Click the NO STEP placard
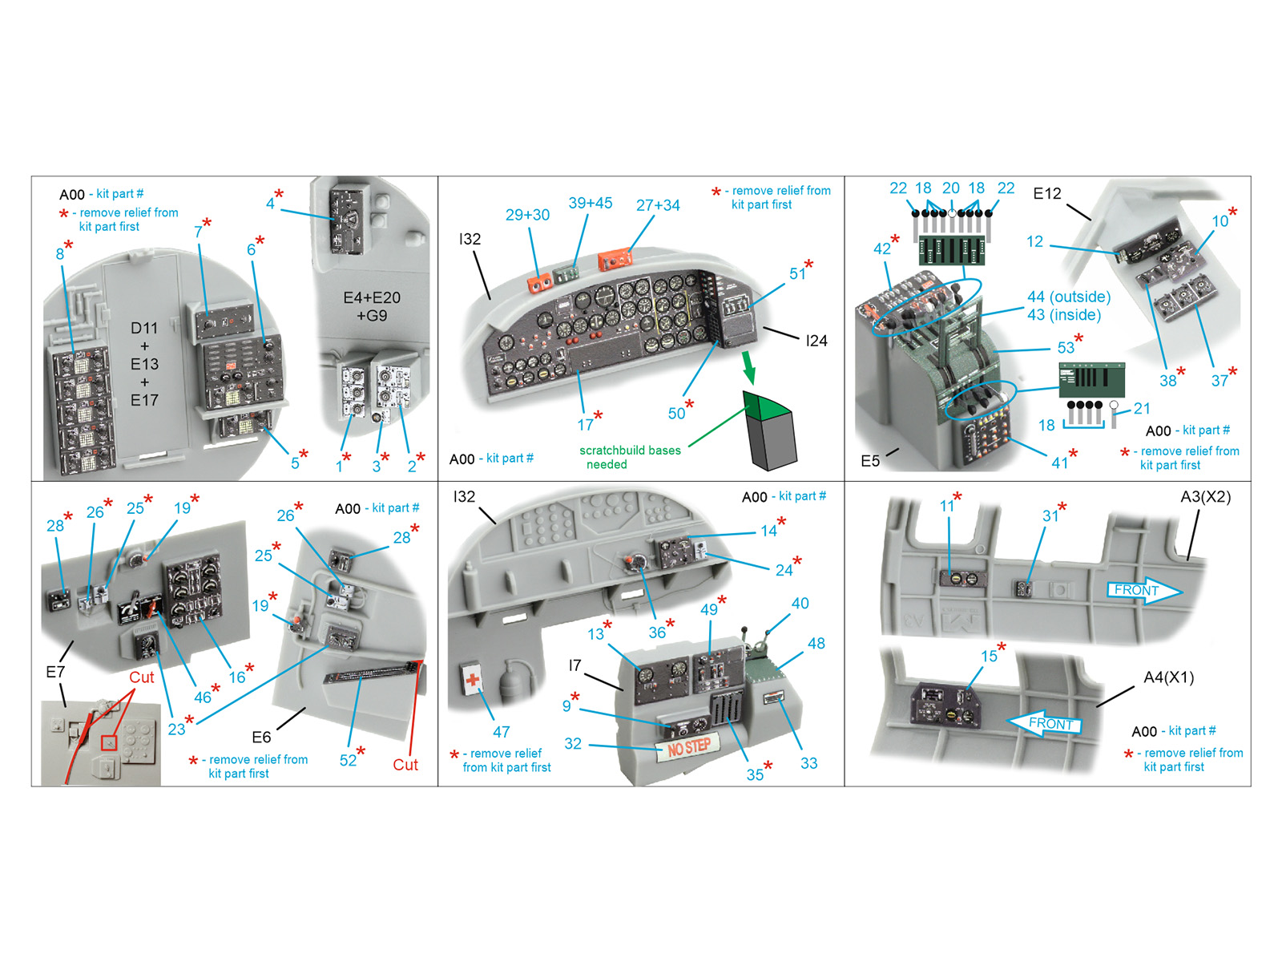tap(688, 747)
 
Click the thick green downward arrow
tap(748, 367)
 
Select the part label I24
tap(816, 341)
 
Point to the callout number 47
tap(501, 731)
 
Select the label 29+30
tap(527, 215)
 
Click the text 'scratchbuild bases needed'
tap(630, 457)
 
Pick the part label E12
tap(1046, 193)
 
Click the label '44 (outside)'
tap(1069, 297)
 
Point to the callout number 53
tap(1066, 348)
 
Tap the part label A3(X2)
tap(1206, 496)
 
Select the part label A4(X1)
tap(1169, 677)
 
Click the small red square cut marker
tap(109, 742)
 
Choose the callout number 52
tap(348, 760)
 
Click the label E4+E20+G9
tap(372, 306)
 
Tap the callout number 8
tap(59, 254)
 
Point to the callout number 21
tap(1142, 408)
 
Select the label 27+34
tap(658, 205)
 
